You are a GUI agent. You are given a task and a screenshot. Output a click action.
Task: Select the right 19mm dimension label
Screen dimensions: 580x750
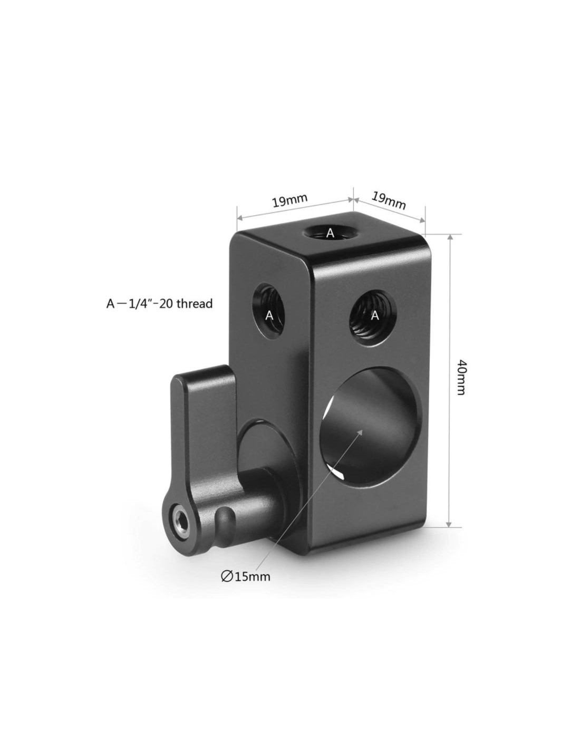388,200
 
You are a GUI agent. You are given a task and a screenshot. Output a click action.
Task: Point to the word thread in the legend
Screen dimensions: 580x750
194,303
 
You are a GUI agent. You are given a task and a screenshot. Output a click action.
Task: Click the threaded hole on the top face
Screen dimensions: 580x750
326,232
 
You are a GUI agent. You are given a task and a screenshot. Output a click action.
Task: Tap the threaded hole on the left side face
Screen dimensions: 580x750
270,314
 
